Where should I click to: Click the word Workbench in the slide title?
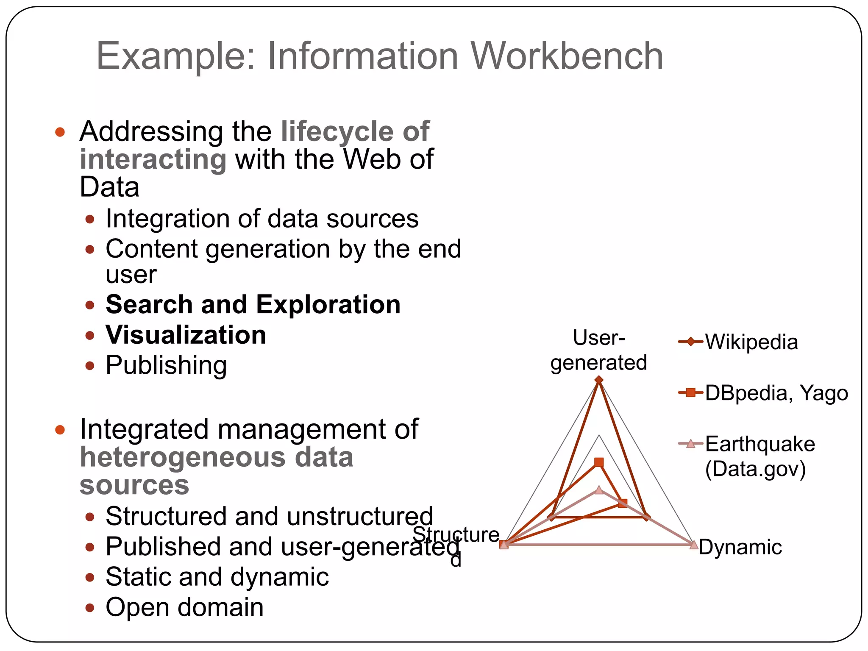click(567, 56)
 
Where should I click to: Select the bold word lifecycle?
click(337, 131)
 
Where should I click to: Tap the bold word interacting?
click(153, 159)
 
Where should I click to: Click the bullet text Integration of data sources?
click(262, 219)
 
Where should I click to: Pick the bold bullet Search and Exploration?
click(253, 305)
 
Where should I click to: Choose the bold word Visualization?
click(186, 335)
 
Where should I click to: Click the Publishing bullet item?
click(166, 365)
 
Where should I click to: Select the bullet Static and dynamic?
click(217, 577)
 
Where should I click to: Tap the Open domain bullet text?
click(184, 607)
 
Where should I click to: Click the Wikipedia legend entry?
click(751, 342)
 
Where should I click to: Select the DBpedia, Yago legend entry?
click(776, 393)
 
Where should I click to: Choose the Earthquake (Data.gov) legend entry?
click(759, 456)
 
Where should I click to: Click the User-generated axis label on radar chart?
click(598, 351)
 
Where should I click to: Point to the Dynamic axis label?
click(740, 547)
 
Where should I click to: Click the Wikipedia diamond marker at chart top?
click(599, 381)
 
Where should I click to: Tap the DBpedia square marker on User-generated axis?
click(599, 462)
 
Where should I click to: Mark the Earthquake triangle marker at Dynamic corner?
click(693, 545)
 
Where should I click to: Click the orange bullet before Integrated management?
click(60, 430)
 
